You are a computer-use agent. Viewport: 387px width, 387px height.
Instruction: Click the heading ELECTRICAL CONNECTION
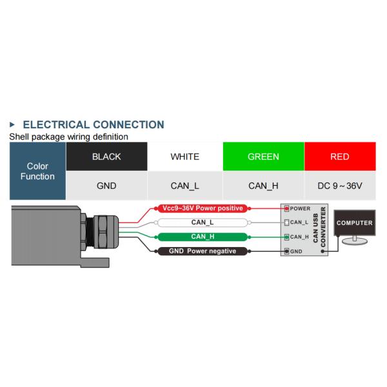[x=93, y=124]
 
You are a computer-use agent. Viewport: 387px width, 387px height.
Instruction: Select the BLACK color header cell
[x=106, y=157]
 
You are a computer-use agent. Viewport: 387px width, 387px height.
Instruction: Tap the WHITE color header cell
[x=184, y=157]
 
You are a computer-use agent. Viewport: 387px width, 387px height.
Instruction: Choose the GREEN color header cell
[x=263, y=157]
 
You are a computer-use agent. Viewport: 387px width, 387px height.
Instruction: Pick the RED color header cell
[x=339, y=157]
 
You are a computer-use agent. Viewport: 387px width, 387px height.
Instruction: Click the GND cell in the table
[x=106, y=186]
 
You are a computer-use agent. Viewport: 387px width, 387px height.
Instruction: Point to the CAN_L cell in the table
[x=184, y=186]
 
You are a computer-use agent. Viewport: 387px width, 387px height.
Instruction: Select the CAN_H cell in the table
[x=263, y=186]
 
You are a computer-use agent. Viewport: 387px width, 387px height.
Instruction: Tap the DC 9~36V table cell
[x=339, y=186]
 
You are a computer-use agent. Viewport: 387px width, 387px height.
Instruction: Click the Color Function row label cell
[x=37, y=171]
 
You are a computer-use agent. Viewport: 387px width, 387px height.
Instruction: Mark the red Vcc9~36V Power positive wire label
[x=203, y=208]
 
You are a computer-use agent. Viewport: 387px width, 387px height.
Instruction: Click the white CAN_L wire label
[x=203, y=223]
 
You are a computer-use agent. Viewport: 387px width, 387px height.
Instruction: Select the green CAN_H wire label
[x=203, y=237]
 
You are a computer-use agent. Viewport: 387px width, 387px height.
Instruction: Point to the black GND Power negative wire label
[x=203, y=251]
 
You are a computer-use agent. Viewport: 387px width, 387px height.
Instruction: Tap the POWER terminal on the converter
[x=287, y=208]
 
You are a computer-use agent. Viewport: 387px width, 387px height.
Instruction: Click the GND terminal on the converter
[x=287, y=251]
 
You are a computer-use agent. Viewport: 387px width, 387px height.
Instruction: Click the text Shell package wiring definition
[x=68, y=137]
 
